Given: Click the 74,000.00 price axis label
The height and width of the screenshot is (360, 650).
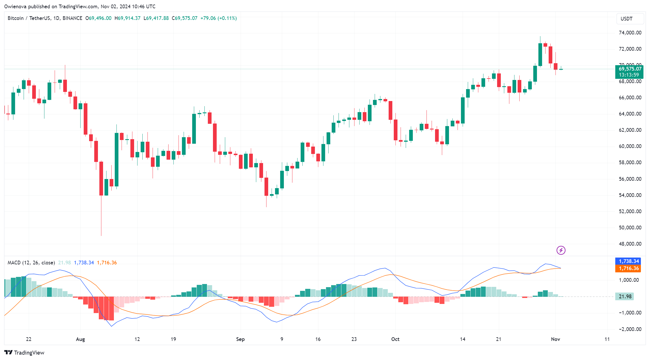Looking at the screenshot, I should point(630,33).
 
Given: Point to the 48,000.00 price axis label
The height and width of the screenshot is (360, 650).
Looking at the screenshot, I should point(630,244).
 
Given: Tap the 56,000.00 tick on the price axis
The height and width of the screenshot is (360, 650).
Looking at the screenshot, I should point(630,179).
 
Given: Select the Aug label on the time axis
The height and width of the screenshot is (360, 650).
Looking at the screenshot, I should point(80,339).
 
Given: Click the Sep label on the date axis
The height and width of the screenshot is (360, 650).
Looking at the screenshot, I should point(240,339).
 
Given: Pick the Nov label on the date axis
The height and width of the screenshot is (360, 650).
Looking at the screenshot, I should point(555,339).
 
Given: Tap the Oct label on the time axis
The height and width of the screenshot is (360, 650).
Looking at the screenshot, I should point(395,339).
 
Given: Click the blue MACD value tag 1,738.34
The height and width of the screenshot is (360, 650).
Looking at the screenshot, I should point(628,261).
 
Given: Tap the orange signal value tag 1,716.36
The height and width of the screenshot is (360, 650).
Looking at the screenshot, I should point(628,268).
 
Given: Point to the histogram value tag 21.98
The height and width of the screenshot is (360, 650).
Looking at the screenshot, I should point(625,297).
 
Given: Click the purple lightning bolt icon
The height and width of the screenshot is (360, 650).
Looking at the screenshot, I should point(561,250).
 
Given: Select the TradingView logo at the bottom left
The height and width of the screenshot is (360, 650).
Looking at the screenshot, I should point(24,353).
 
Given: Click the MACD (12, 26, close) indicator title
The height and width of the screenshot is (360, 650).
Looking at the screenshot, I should point(31,263).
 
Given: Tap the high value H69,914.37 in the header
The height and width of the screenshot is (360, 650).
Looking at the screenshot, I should point(128,18).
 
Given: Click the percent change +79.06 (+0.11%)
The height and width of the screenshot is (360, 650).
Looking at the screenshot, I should point(218,18).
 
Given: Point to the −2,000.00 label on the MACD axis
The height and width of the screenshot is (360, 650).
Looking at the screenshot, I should point(630,329).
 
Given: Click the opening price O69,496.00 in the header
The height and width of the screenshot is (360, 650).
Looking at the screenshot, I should point(99,18).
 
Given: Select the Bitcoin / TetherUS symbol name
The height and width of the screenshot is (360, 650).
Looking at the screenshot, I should point(29,18).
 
